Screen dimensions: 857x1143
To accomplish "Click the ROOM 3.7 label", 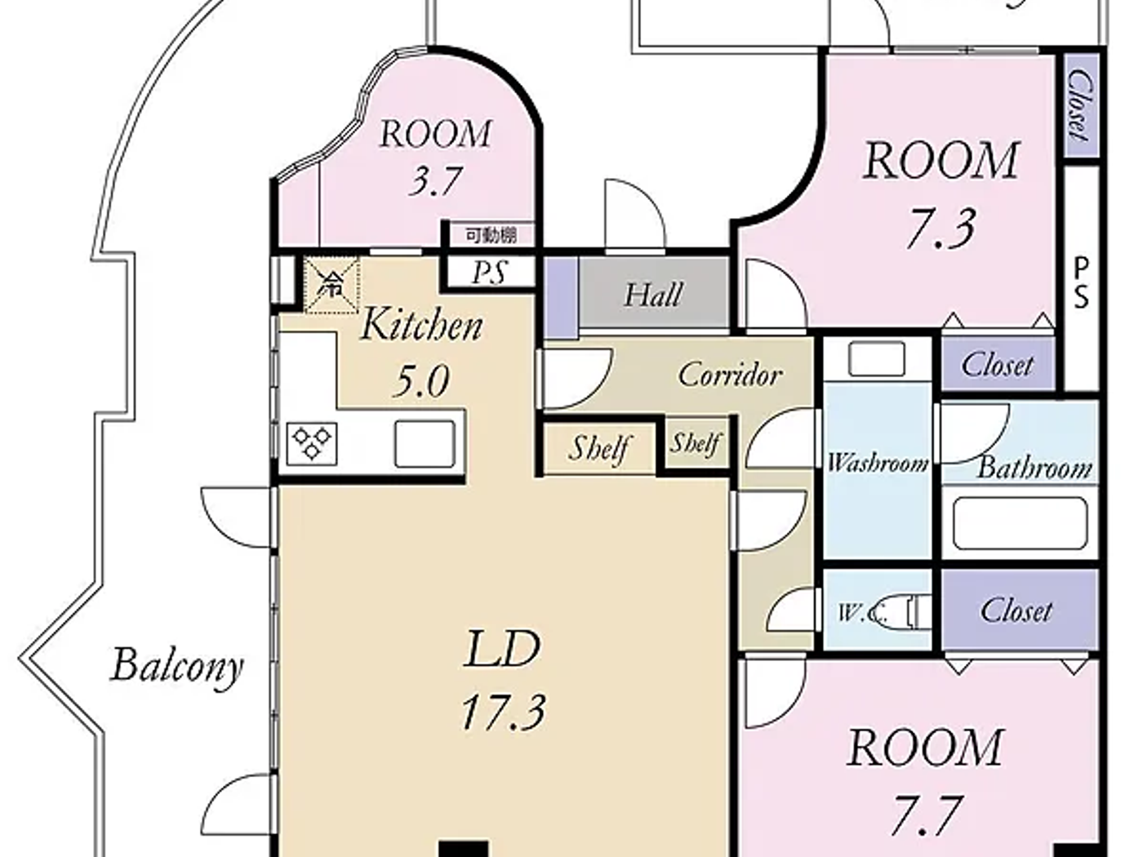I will (435, 157).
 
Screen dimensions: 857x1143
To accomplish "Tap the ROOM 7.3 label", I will (941, 193).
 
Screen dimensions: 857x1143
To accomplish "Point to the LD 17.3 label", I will (502, 679).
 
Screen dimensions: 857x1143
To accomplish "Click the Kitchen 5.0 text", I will (421, 351).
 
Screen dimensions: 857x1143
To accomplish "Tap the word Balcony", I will (177, 665).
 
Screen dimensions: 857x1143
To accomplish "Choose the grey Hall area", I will (652, 295).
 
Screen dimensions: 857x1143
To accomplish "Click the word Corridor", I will (730, 375).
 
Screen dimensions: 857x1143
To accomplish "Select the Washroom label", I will (877, 464).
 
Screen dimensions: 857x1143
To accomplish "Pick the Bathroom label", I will (1034, 468).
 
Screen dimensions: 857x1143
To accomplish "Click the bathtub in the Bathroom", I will (1020, 523).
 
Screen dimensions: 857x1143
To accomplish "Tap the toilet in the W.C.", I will (908, 611).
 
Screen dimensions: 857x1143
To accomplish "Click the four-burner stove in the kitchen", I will (313, 443).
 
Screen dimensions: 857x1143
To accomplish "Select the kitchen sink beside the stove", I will (425, 443).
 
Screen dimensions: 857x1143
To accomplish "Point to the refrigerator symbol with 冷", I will (331, 285).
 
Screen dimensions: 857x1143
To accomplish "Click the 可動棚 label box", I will (490, 235).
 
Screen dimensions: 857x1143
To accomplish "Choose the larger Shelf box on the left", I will (599, 447).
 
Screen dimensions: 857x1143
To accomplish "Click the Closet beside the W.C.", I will (1017, 610).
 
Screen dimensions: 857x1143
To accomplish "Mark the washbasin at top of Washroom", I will (876, 358).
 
